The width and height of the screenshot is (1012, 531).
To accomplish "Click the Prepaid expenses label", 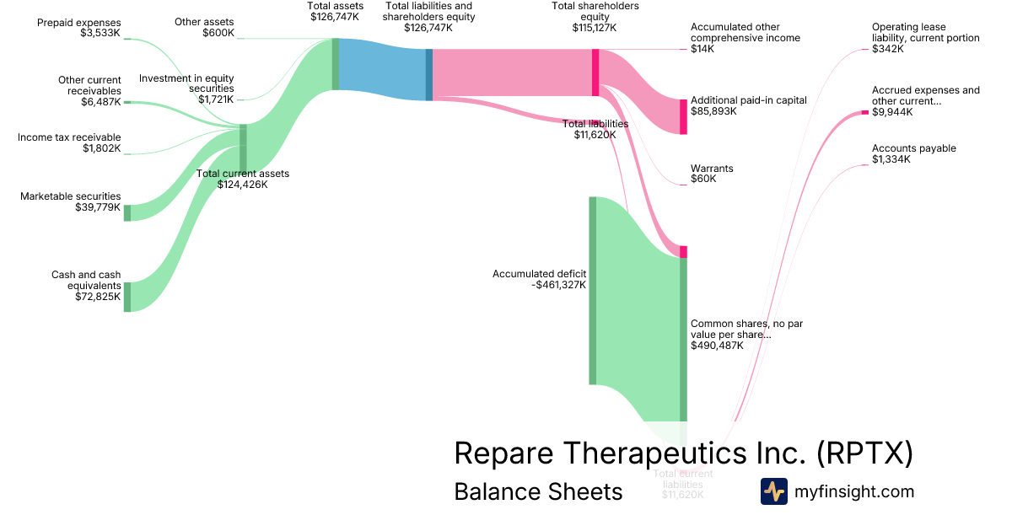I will click(79, 23).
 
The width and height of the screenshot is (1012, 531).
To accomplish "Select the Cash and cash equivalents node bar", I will click(127, 297).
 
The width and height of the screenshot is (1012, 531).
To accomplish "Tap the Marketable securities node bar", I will click(127, 212).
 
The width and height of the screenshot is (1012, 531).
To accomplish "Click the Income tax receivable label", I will click(69, 137).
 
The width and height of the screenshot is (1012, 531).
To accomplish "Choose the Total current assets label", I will click(243, 174).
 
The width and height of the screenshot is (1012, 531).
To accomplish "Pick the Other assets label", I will click(205, 21).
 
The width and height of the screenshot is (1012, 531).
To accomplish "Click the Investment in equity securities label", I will click(186, 83).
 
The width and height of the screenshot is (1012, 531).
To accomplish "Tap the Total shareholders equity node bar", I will click(595, 72).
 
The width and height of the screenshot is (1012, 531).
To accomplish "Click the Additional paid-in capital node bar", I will click(683, 116).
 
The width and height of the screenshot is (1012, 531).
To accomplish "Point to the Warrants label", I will click(712, 169).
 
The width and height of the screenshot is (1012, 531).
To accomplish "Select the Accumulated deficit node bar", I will click(592, 290).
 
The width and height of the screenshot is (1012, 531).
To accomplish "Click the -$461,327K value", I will click(559, 285).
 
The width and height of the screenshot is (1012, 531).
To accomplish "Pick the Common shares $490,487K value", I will click(717, 346).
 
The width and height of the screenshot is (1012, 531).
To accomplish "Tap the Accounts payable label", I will click(913, 148).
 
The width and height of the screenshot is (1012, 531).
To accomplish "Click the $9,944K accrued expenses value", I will click(893, 112).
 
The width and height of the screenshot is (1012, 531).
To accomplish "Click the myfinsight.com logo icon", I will click(773, 491).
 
